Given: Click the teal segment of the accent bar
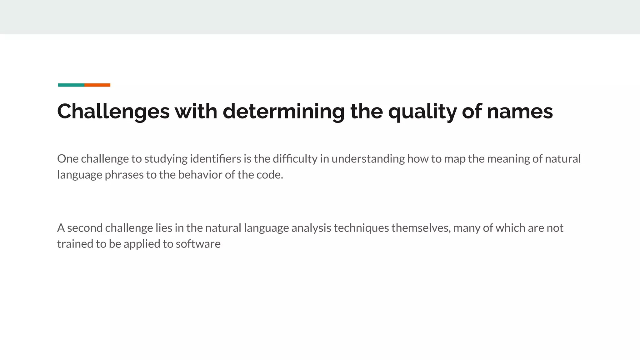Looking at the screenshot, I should (71, 85).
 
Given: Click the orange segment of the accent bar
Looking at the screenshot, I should (97, 85).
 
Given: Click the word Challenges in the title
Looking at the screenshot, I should (113, 112).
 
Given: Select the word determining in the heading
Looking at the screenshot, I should (283, 112).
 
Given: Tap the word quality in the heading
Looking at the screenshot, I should (422, 112).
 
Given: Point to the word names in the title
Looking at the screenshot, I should (520, 112).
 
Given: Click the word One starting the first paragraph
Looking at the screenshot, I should (67, 159).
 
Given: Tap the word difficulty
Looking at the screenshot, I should (295, 159).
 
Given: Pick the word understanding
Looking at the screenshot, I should (368, 159).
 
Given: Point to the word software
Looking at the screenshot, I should (198, 244).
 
